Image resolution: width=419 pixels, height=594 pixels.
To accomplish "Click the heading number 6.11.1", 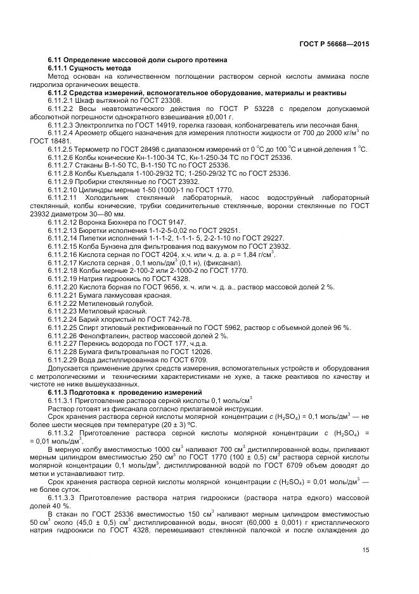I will tap(61, 68).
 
